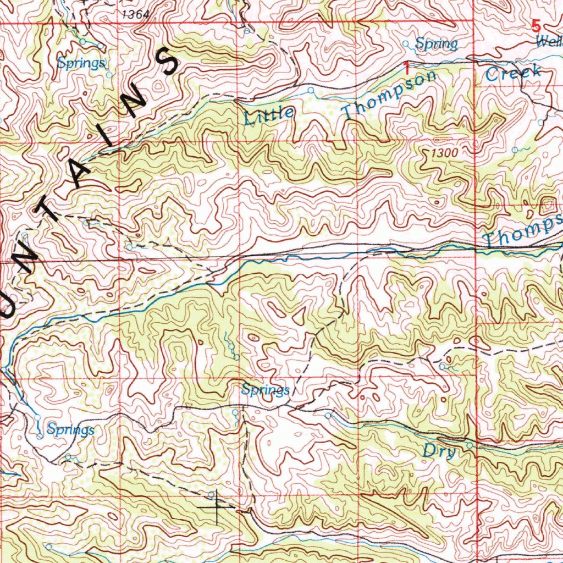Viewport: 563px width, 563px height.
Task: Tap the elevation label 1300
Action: [x=445, y=153]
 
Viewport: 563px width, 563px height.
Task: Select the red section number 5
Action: [x=536, y=26]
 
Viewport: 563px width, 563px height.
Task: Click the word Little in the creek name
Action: [x=269, y=114]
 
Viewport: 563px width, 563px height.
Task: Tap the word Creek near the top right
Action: [x=514, y=73]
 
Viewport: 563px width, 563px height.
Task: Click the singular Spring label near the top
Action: [x=436, y=43]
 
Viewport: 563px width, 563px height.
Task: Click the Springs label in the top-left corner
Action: [x=81, y=63]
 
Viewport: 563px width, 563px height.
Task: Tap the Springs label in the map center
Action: [x=266, y=390]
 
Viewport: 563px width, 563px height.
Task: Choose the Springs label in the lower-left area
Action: [x=70, y=429]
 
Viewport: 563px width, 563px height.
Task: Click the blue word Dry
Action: [x=439, y=452]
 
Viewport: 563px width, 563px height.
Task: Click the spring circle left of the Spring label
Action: [x=406, y=43]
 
